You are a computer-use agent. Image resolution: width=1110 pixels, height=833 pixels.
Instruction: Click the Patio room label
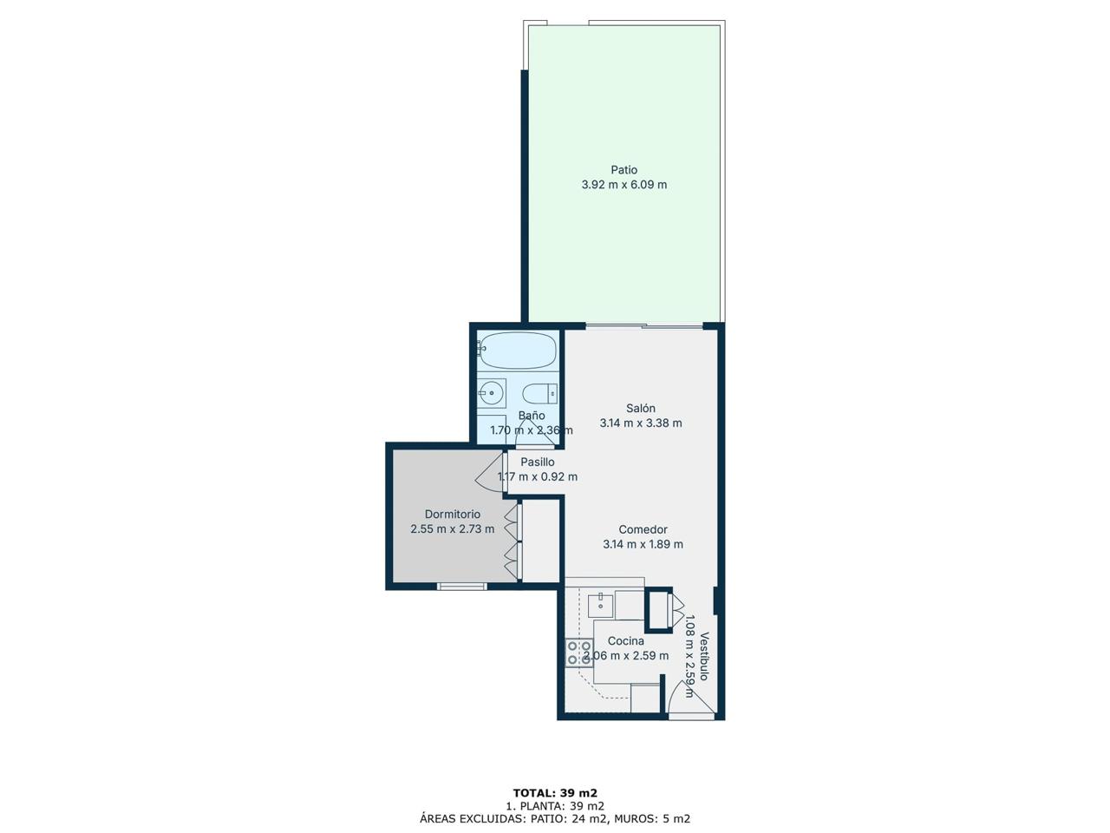(624, 170)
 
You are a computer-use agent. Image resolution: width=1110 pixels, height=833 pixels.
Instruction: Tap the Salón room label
(641, 408)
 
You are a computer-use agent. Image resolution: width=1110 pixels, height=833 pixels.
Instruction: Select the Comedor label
(643, 529)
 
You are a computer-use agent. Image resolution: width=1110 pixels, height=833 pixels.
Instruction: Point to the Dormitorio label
(452, 515)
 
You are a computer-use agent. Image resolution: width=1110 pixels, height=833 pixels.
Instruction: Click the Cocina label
(625, 641)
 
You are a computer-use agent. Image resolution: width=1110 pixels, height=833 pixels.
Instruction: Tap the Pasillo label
(538, 462)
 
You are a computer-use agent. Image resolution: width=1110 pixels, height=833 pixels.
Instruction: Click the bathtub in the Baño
(517, 350)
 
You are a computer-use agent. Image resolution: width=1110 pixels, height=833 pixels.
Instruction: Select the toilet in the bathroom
(539, 393)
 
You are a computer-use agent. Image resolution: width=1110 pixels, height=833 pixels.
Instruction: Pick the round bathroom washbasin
(491, 392)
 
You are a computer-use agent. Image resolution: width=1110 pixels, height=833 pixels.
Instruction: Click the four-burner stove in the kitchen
(579, 653)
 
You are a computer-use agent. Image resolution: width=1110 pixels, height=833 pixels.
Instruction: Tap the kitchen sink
(601, 606)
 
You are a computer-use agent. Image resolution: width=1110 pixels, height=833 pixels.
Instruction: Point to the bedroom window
(461, 587)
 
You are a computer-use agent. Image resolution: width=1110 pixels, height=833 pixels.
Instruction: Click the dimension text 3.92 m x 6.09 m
(624, 185)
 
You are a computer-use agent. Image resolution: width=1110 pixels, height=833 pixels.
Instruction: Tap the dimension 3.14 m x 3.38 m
(641, 423)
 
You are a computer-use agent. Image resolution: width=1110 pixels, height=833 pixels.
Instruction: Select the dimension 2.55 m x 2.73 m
(452, 529)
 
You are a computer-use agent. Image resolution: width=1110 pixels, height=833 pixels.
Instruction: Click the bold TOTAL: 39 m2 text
(555, 792)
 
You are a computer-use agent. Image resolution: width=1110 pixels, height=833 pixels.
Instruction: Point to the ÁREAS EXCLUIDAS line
(555, 819)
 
